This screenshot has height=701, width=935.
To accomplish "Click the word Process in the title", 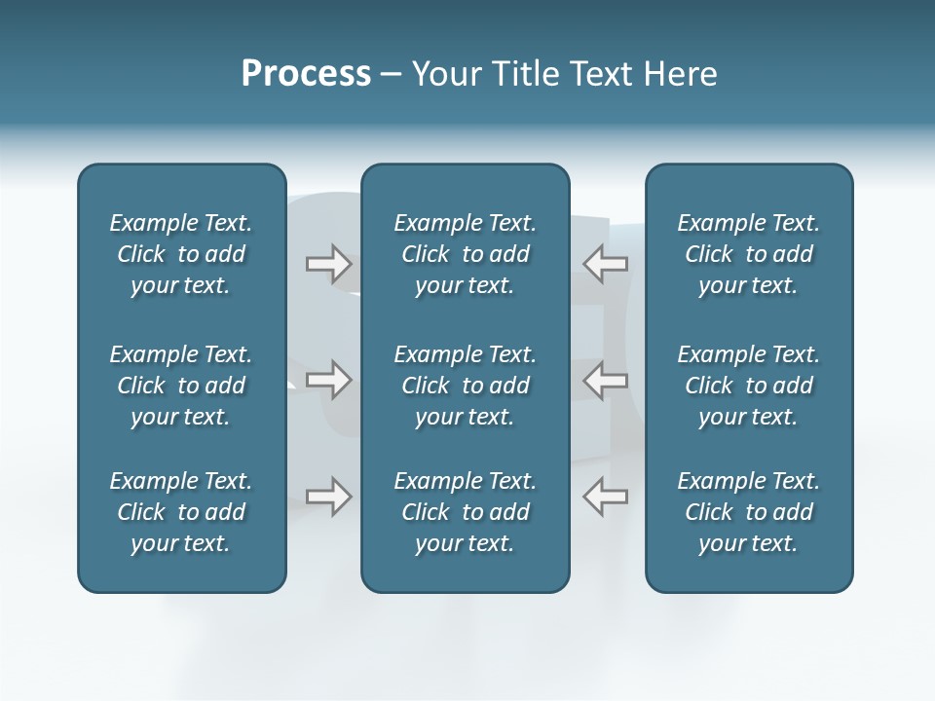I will (306, 74).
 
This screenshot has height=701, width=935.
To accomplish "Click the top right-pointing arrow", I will (328, 263).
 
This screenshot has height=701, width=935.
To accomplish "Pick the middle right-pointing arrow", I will (328, 379).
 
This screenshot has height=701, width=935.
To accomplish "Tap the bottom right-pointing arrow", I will (328, 496).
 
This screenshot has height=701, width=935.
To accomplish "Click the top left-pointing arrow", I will (605, 263).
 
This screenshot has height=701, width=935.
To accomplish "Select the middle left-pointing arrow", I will (605, 379).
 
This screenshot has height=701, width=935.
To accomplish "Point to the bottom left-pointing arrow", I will (605, 496).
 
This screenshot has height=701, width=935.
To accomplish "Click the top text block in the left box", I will (181, 254).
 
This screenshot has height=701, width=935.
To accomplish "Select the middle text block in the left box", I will (181, 386).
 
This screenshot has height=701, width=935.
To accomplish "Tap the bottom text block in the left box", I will (181, 512).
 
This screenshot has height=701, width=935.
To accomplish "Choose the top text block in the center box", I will (465, 254).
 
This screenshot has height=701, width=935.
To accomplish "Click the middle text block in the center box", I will (465, 386).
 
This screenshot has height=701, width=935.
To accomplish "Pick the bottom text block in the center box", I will (465, 512).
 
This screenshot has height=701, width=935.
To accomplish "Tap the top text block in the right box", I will (749, 254).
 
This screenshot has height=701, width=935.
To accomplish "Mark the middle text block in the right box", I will (749, 386).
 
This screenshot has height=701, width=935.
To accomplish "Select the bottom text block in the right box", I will (749, 512).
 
